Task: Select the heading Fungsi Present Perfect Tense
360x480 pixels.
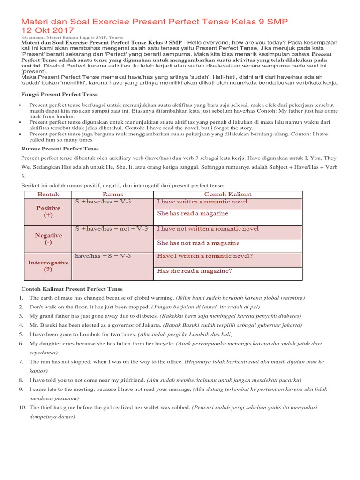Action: coord(60,94)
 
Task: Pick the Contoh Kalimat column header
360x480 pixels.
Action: coord(228,194)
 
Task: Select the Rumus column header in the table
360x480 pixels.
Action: coord(112,194)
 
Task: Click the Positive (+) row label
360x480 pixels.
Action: coord(49,211)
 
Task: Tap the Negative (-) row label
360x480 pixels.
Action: coord(49,239)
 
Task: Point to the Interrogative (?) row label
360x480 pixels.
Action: coord(49,266)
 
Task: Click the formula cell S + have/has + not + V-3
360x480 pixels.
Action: coord(112,229)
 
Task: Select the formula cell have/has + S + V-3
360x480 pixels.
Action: coord(103,256)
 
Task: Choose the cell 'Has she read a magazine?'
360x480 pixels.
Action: coord(195,271)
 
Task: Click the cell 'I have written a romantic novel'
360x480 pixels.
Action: coord(202,202)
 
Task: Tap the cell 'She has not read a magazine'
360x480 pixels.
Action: coord(198,243)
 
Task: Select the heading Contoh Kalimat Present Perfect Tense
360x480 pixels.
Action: coord(72,289)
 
